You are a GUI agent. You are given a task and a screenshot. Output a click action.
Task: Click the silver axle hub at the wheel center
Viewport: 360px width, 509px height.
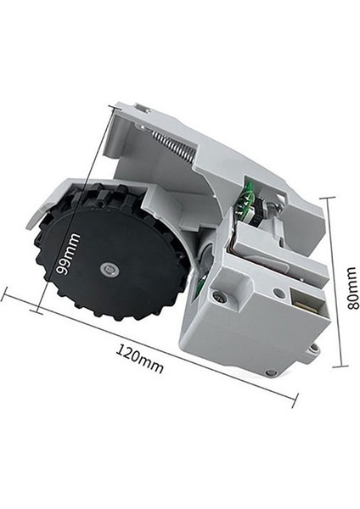tap(107, 270)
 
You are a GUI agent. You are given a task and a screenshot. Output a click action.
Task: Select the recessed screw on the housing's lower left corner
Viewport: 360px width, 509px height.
tap(220, 298)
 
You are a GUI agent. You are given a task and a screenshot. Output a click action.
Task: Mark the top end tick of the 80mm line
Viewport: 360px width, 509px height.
tap(329, 197)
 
